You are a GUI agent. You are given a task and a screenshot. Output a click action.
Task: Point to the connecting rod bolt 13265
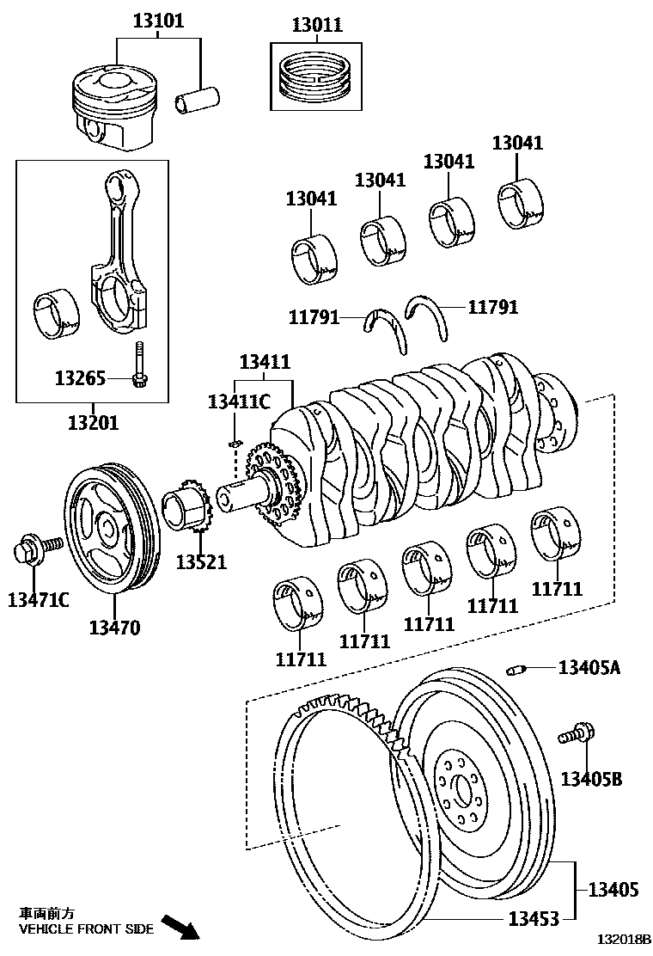137,365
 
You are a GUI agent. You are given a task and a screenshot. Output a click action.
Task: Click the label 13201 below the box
93,423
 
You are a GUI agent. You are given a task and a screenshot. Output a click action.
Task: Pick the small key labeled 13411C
234,443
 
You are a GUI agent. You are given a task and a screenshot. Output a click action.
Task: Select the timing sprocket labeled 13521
188,510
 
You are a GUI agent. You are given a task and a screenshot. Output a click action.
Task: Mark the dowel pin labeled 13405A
516,669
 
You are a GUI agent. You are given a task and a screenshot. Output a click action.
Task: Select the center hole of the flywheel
463,789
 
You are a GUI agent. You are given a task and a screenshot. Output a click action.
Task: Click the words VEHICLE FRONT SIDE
86,929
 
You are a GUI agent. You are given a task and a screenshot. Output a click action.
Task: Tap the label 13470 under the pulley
114,628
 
